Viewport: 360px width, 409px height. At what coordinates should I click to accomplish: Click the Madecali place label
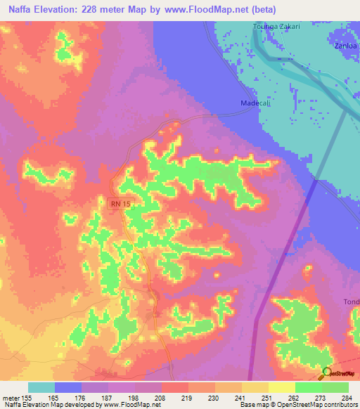tap(246, 103)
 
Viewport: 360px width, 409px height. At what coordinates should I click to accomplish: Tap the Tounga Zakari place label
tap(276, 27)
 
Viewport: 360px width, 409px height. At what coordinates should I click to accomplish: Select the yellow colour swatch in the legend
tap(281, 387)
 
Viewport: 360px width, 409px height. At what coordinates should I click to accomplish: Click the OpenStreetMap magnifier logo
tap(327, 374)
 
